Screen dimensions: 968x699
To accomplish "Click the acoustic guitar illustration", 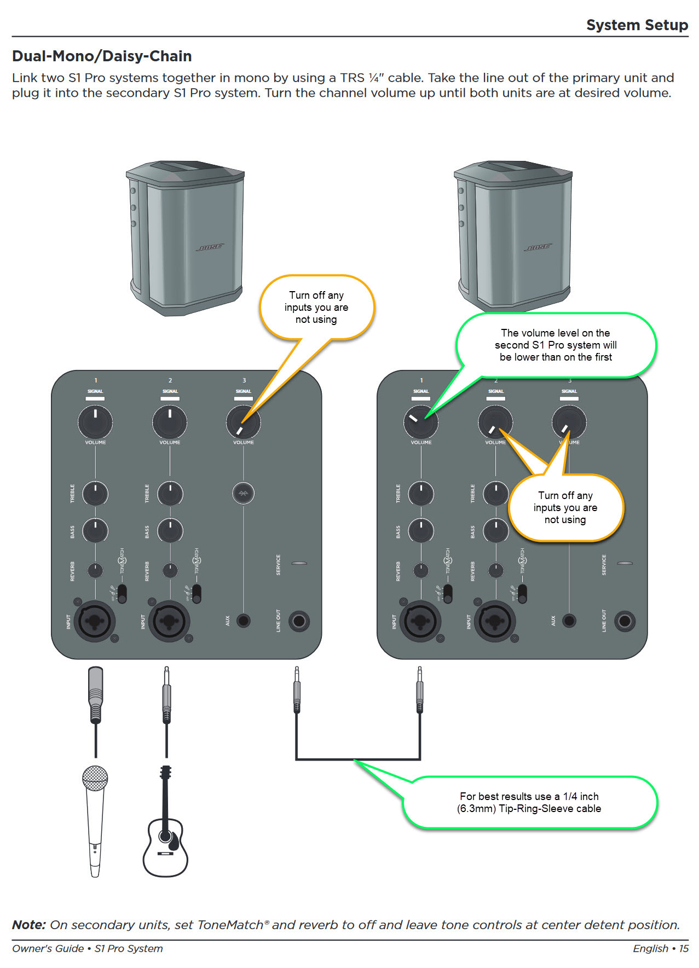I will [165, 832].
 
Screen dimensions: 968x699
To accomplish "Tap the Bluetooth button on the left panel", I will [244, 493].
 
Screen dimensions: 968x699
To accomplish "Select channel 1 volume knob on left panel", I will [95, 422].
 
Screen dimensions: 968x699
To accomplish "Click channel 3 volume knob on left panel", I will [244, 422].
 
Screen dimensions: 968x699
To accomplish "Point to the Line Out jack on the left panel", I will [299, 621].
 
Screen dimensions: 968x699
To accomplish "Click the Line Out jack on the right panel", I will [625, 621].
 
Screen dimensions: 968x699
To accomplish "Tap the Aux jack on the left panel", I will [244, 621].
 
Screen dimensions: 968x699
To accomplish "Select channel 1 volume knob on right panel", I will [421, 422].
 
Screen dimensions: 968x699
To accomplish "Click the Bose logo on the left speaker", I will [210, 247].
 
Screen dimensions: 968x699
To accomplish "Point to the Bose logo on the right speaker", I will [538, 247].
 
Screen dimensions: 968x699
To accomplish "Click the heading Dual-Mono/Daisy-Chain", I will [102, 56].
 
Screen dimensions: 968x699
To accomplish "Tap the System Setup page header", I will [637, 25].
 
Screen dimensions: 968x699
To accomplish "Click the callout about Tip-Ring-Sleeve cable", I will [529, 803].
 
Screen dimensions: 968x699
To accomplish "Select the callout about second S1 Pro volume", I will [556, 345].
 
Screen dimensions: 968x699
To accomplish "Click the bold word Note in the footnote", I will [28, 925].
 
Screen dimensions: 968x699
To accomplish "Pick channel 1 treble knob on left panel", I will [95, 494].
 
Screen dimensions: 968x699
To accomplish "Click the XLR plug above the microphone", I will [96, 693].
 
